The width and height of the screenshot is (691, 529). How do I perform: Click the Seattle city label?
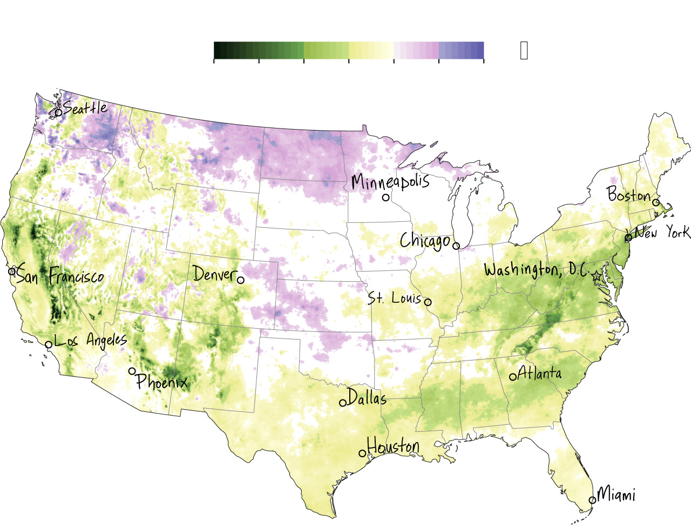85,107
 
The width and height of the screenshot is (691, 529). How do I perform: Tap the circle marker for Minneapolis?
386,198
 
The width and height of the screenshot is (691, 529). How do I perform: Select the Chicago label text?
424,241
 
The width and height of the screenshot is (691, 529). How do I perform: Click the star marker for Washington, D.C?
597,276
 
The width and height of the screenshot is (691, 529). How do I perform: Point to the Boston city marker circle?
656,202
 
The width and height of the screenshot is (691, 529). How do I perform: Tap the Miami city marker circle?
592,500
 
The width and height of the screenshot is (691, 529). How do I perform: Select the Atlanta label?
539,373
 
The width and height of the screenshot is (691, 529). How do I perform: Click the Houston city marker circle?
363,453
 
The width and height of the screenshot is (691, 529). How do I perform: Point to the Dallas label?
367,398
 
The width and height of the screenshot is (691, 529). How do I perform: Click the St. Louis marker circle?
428,302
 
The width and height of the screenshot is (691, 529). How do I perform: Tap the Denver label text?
214,274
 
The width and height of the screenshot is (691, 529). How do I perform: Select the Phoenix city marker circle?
132,371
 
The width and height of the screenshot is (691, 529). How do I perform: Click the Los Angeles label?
91,340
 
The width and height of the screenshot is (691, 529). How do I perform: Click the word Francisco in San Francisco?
76,277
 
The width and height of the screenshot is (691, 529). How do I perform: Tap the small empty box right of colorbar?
524,50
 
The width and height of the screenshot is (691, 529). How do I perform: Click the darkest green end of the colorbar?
217,50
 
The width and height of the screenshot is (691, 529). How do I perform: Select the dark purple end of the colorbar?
480,50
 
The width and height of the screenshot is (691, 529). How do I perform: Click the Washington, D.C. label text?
536,269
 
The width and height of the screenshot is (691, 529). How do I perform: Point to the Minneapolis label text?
390,181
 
